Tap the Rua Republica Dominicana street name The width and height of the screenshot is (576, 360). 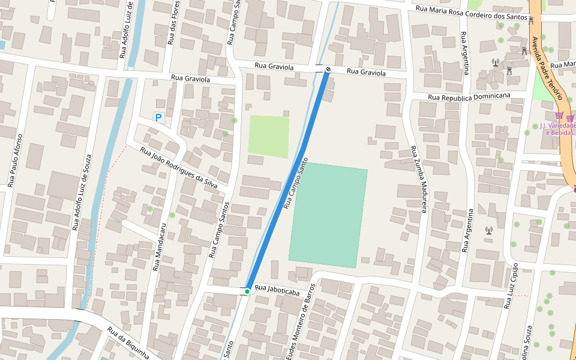point(469,96)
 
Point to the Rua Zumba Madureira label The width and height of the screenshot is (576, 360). point(418,179)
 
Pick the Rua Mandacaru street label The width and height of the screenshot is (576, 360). point(159,247)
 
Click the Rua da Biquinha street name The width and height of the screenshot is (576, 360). point(128,342)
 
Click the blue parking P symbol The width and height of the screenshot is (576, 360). point(158,118)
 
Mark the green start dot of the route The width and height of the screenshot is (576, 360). point(247,292)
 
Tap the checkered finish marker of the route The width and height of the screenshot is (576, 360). point(328,70)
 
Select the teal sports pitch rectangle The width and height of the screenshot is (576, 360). point(328,215)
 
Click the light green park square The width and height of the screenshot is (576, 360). point(268,136)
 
